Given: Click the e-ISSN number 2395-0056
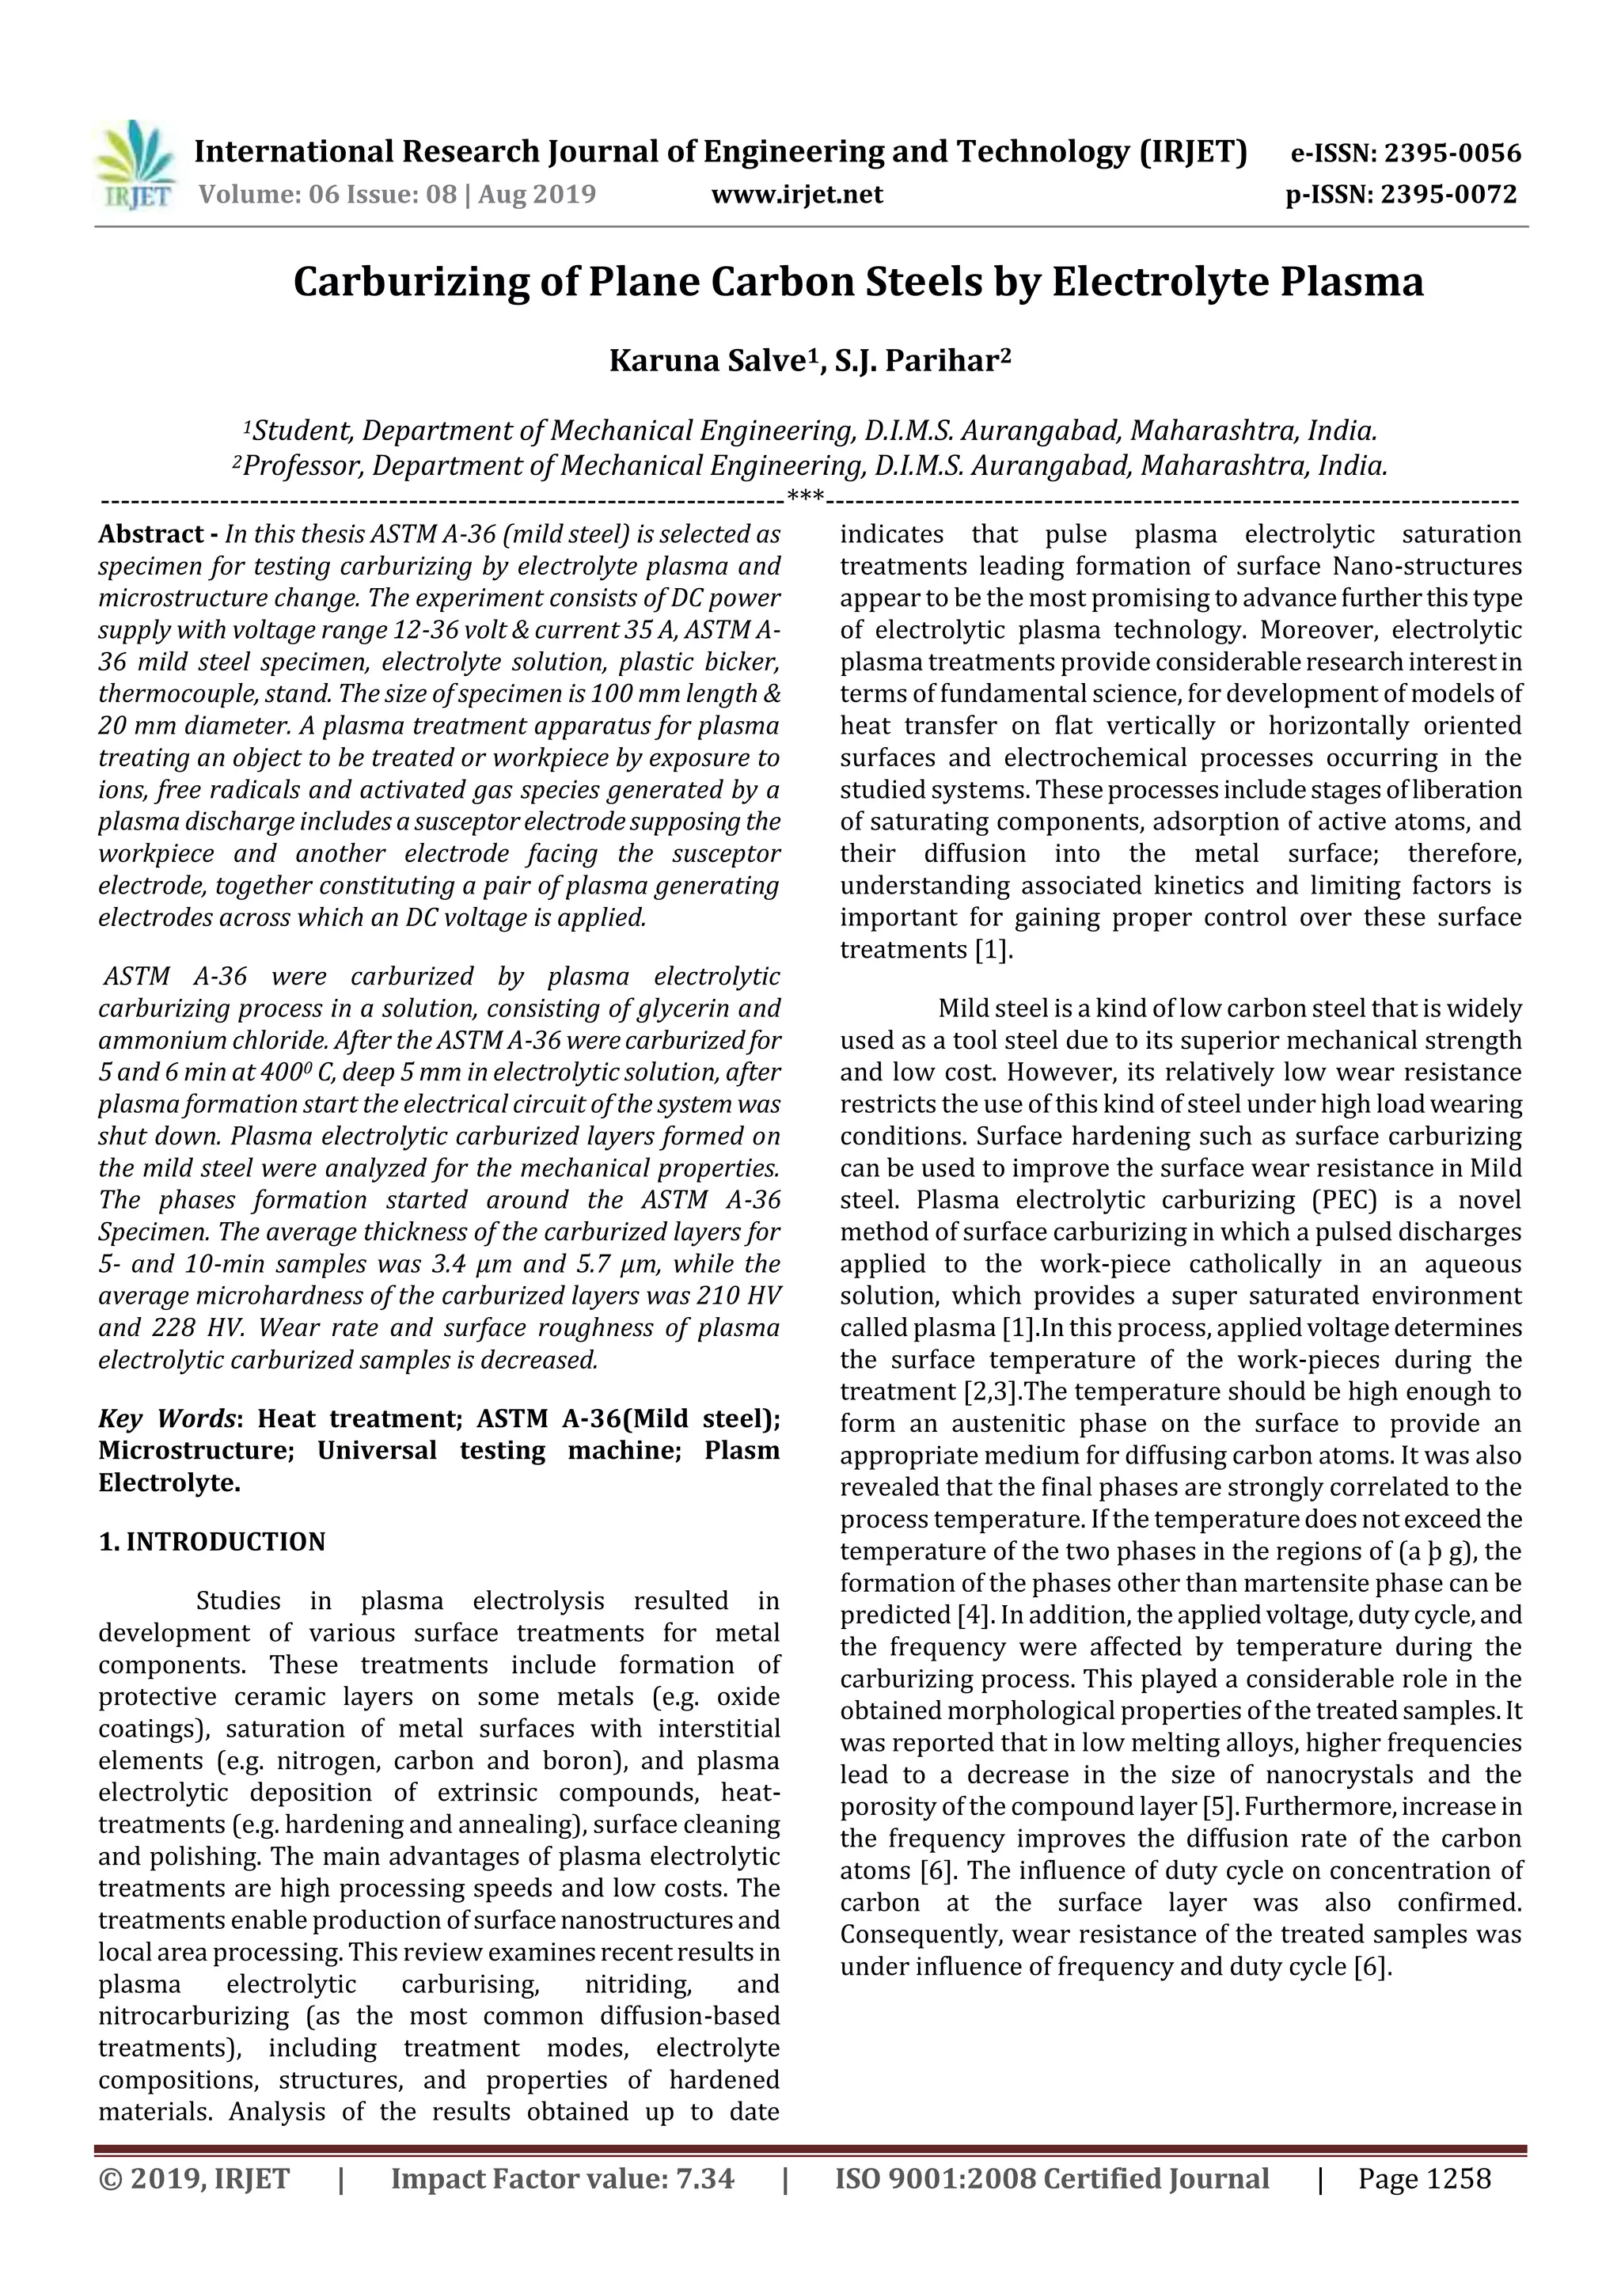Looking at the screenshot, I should (x=1449, y=154).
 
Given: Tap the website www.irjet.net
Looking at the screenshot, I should (x=796, y=194).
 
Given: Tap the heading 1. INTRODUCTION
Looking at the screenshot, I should (x=212, y=1542).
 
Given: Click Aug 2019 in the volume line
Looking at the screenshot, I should (x=537, y=194).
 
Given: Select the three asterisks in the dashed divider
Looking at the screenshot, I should (x=805, y=496).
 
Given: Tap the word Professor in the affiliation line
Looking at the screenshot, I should (x=302, y=466).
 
